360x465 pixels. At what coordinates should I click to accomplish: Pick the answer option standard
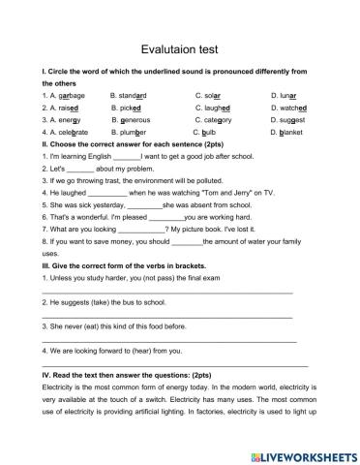tap(130, 96)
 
